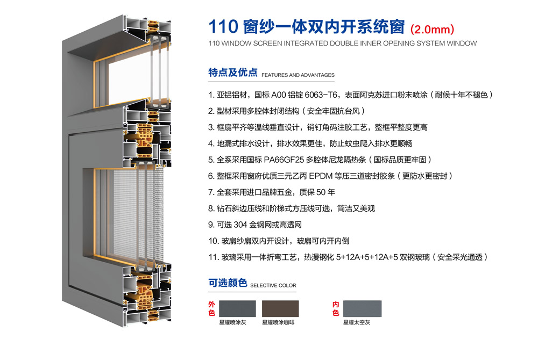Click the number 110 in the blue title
[x=223, y=27]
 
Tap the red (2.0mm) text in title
[x=433, y=29]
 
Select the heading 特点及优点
[x=232, y=73]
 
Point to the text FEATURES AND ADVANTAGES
[x=298, y=75]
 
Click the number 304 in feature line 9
[x=240, y=225]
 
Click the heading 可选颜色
[x=228, y=283]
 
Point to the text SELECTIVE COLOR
[x=273, y=285]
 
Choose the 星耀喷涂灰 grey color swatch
[x=237, y=308]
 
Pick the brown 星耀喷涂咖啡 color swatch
[x=280, y=308]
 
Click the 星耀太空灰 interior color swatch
[x=362, y=308]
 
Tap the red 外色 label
[x=211, y=308]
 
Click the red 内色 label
[x=336, y=308]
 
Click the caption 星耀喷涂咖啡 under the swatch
[x=278, y=322]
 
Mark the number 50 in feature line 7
[x=321, y=192]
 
